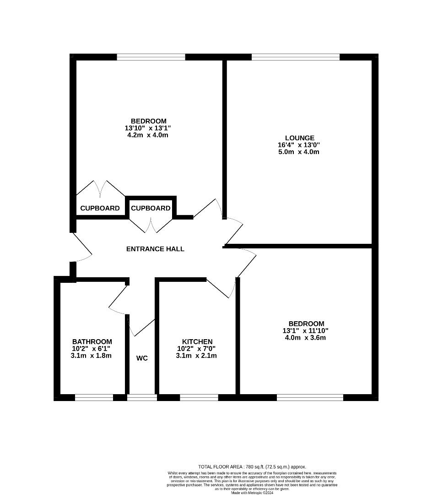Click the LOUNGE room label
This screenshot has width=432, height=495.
[299, 138]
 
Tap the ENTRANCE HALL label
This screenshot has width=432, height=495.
[155, 249]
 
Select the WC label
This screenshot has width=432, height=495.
[142, 358]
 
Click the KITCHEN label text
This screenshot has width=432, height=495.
[197, 342]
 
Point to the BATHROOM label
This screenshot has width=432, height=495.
[92, 342]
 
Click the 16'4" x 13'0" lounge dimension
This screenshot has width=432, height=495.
[299, 145]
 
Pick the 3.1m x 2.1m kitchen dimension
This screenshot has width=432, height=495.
[197, 356]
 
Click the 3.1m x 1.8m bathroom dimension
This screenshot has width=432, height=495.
[92, 356]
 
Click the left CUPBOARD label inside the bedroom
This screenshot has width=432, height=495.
[100, 208]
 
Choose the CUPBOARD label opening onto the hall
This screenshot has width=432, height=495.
[151, 208]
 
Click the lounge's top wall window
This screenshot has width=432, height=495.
[296, 57]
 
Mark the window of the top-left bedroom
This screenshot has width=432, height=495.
[151, 57]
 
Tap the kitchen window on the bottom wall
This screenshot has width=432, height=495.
[199, 397]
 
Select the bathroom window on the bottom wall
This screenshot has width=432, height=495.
[94, 397]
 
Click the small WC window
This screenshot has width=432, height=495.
[142, 397]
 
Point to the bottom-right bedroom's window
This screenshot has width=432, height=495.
[310, 397]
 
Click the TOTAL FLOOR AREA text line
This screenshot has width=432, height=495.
[252, 467]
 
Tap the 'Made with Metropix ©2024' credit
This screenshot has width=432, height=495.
[252, 493]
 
